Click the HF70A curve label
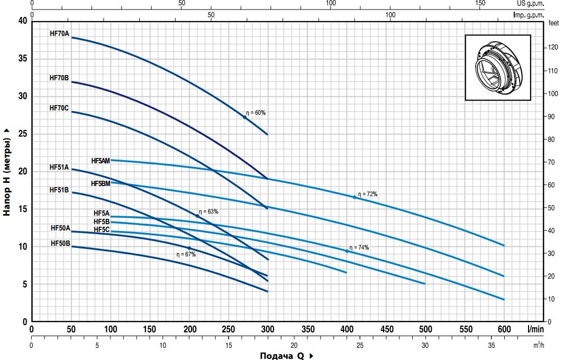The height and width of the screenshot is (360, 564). pyautogui.click(x=59, y=33)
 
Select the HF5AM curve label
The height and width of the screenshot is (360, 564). pyautogui.click(x=101, y=161)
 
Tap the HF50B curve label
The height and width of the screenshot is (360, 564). pyautogui.click(x=60, y=243)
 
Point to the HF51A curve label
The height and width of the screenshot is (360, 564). pyautogui.click(x=59, y=167)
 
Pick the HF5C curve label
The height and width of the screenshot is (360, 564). pyautogui.click(x=102, y=229)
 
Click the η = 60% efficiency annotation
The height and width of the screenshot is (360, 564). pyautogui.click(x=256, y=113)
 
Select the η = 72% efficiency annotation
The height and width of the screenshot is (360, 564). pyautogui.click(x=368, y=194)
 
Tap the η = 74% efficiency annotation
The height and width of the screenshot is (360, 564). pyautogui.click(x=359, y=247)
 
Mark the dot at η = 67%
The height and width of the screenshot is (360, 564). pyautogui.click(x=189, y=248)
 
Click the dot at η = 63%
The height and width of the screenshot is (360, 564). pyautogui.click(x=198, y=216)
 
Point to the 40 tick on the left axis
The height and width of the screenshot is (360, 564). pyautogui.click(x=22, y=21)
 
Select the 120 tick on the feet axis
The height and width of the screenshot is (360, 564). pyautogui.click(x=553, y=48)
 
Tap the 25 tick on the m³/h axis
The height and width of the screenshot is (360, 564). pyautogui.click(x=360, y=345)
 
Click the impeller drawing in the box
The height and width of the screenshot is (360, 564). pyautogui.click(x=498, y=67)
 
